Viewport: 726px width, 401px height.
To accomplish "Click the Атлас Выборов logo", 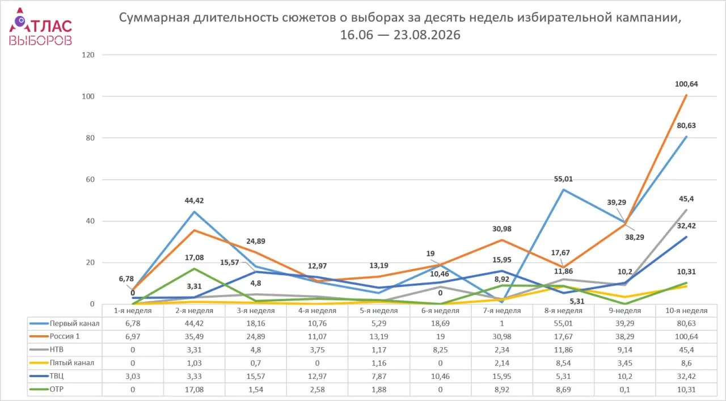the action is [40, 27].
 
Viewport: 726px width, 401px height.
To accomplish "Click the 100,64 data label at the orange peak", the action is [686, 85].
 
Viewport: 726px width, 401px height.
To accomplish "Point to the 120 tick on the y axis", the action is [88, 55].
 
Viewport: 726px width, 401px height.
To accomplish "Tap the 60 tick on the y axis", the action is [90, 180].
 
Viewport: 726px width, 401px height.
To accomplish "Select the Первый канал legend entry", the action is [64, 323].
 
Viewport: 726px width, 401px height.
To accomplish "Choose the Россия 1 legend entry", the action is [54, 336].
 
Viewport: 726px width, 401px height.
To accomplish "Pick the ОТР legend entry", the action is [47, 389].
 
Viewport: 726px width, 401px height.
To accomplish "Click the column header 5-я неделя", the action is [378, 311].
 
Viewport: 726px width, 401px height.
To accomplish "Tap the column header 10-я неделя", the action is [686, 311].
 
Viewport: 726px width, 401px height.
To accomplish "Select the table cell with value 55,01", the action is [563, 323].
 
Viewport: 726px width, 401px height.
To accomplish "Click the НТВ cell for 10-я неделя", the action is [686, 350].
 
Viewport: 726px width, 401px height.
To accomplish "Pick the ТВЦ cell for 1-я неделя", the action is [133, 377].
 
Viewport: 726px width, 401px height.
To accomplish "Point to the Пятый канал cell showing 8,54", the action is [563, 363].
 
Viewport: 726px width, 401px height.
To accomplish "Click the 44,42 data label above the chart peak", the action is [194, 201].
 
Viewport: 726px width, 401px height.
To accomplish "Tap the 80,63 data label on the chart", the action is [686, 126].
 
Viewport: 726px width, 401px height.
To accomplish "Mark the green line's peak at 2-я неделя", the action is [194, 269].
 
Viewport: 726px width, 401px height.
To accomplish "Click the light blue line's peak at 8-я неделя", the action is [563, 189].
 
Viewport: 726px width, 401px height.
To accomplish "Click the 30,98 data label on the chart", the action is [502, 229].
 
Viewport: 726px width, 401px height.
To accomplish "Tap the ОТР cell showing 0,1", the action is [625, 390].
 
